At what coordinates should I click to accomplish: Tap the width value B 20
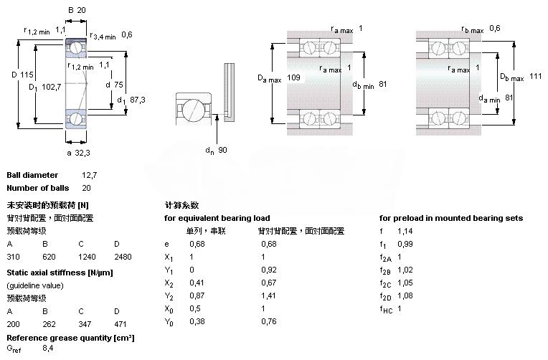(81, 10)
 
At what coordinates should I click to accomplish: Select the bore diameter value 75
(119, 84)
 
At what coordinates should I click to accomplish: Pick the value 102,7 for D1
(51, 87)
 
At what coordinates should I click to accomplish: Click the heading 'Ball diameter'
(32, 175)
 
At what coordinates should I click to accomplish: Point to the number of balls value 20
(87, 188)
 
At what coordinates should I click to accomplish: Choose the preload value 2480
(123, 256)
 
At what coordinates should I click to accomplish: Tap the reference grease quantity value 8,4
(49, 349)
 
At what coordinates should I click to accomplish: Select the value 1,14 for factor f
(405, 231)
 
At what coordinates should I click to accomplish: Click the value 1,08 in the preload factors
(405, 295)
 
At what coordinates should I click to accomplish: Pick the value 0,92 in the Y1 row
(269, 270)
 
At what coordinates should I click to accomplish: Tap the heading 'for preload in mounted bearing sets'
(450, 218)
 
